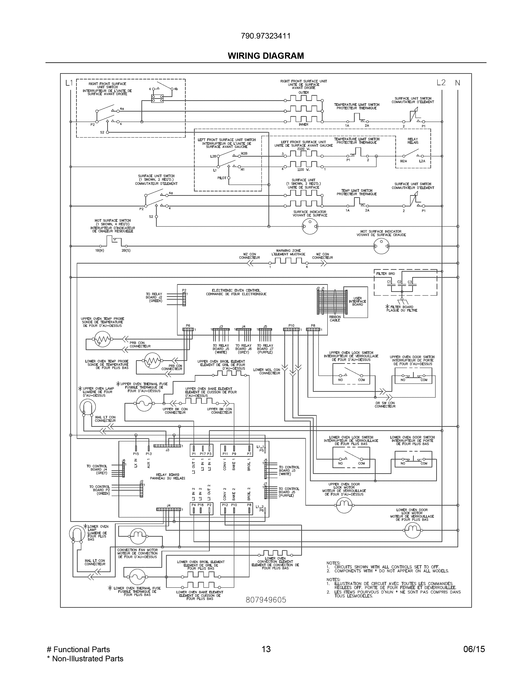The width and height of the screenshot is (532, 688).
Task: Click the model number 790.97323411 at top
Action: click(266, 36)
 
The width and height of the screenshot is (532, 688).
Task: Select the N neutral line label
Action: click(457, 83)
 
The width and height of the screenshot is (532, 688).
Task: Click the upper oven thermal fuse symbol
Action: click(144, 403)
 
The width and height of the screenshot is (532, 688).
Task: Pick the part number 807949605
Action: click(266, 600)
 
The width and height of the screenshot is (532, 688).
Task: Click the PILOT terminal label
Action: click(222, 178)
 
